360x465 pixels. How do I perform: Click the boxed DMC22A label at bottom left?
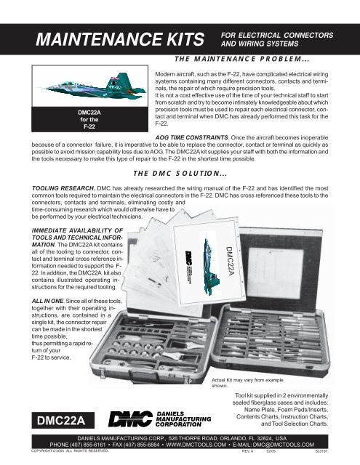click(55, 420)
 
